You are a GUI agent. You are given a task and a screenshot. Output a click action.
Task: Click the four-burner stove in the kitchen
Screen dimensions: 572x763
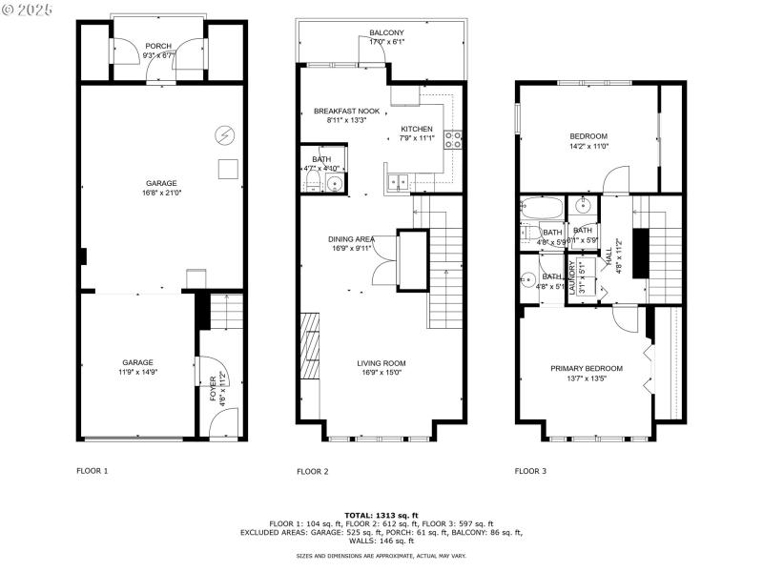point(453,140)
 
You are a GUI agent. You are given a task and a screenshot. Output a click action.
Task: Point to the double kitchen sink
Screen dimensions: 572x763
point(401,179)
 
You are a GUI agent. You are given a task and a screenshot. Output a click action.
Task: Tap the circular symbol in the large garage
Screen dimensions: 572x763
point(226,135)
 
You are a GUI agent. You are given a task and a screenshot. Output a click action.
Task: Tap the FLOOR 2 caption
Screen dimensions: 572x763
point(312,471)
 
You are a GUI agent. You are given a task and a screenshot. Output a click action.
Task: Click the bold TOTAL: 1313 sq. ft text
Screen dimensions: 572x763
point(381,515)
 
